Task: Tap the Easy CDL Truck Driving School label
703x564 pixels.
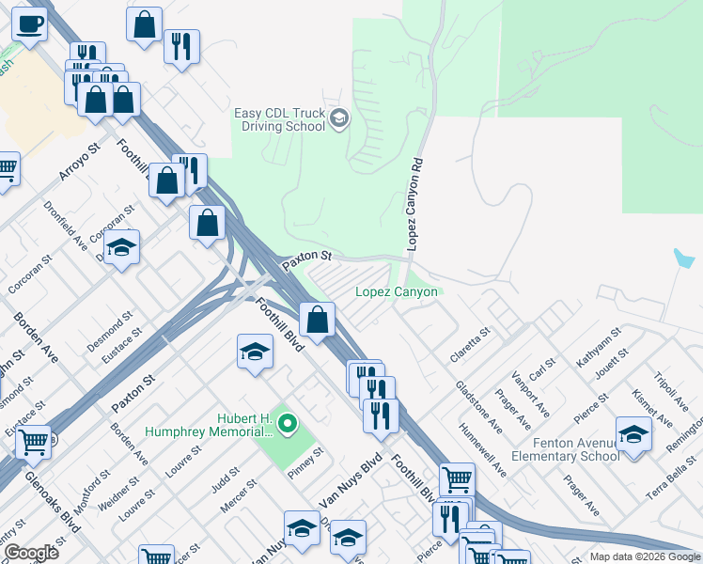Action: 279,120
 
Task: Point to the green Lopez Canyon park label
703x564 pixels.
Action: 396,292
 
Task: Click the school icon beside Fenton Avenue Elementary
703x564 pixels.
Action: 633,435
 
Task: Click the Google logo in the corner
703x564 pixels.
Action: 30,552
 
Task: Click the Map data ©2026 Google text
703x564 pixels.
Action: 645,556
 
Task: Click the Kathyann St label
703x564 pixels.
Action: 600,347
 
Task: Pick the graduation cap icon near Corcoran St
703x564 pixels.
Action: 121,248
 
